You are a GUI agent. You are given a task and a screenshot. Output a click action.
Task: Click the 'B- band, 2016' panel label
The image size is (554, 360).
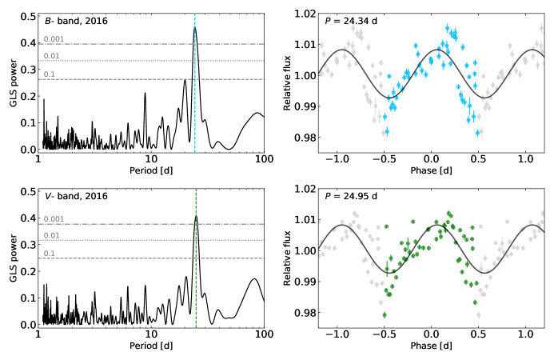[76, 21]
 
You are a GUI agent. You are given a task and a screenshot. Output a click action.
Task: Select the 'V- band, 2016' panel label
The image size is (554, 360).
[76, 196]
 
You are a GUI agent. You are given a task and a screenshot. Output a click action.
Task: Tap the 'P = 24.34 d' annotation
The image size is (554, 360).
[351, 21]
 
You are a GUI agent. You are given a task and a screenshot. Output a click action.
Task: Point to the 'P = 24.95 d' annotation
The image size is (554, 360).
[351, 196]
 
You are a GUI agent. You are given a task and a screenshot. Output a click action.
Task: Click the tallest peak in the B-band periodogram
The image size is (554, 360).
[195, 27]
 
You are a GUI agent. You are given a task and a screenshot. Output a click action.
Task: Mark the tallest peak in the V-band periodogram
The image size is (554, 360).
[196, 216]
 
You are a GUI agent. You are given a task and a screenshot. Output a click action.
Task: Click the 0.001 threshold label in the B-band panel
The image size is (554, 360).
[54, 39]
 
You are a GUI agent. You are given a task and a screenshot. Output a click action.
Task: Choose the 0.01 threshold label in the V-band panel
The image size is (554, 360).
[52, 235]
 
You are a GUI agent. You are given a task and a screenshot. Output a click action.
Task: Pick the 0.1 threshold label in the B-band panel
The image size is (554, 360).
[50, 74]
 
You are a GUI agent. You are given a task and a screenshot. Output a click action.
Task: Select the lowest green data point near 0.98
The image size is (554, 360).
[385, 314]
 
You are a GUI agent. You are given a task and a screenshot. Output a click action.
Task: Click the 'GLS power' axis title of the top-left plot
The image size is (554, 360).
[13, 83]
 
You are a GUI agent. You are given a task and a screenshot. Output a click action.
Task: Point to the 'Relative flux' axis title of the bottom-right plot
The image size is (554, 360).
[287, 258]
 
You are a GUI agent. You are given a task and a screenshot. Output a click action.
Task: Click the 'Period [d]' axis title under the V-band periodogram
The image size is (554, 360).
[151, 346]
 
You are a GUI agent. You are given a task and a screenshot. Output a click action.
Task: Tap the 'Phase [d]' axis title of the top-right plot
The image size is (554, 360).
[431, 170]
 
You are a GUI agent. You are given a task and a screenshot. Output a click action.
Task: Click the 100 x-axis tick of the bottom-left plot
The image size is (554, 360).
[264, 334]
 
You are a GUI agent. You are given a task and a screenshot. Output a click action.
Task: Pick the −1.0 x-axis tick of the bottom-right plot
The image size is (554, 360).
[337, 334]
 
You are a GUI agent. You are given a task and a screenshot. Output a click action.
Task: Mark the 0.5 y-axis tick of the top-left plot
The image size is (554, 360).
[28, 17]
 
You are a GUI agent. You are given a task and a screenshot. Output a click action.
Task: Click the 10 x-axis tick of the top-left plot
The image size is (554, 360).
[151, 159]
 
